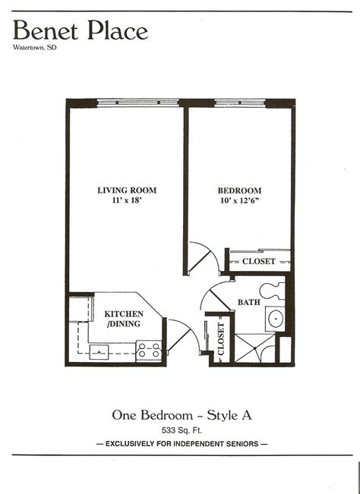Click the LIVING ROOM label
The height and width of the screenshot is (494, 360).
(122, 190)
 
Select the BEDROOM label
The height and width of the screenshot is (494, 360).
(239, 190)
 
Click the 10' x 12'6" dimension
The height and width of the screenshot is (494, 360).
(239, 201)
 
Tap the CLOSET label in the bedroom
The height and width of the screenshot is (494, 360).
(259, 262)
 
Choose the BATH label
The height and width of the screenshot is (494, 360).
(248, 302)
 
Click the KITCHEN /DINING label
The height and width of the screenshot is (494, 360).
(122, 318)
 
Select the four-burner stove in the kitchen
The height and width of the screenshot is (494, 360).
(150, 350)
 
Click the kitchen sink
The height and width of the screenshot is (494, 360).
(99, 351)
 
